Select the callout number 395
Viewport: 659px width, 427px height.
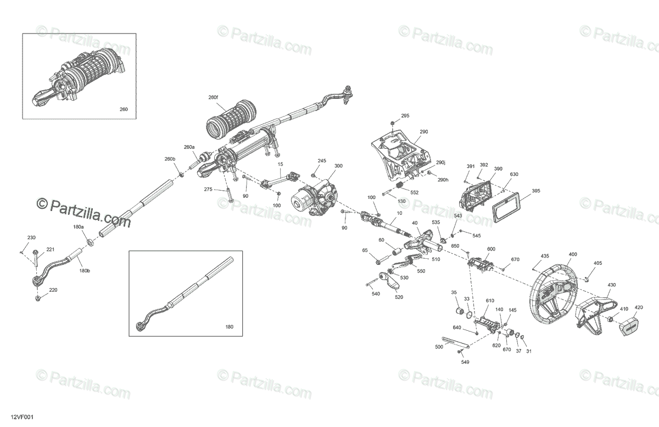(x=536, y=191)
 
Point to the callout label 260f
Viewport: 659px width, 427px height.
(x=213, y=97)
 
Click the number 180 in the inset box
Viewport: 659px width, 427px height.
(x=229, y=327)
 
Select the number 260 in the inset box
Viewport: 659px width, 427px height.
(x=124, y=109)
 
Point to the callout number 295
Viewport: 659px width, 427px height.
(x=405, y=115)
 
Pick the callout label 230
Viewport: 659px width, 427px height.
(x=31, y=237)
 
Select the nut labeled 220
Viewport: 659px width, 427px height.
(x=37, y=298)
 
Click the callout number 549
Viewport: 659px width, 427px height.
(x=465, y=363)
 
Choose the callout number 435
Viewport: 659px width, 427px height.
(x=544, y=256)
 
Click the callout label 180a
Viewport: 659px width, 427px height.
(x=79, y=226)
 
